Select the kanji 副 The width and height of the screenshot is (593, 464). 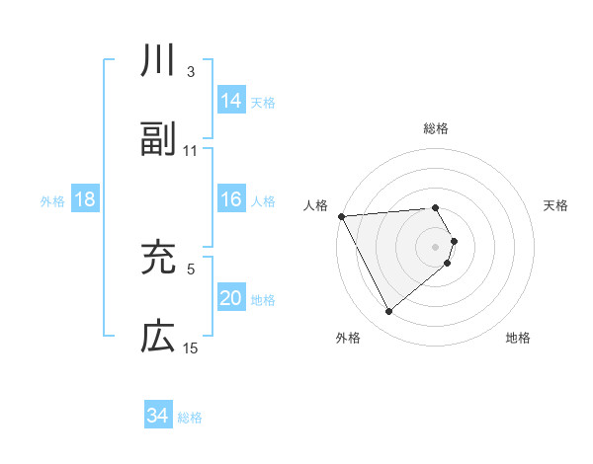pos(158,139)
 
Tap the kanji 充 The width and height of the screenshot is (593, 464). pos(158,258)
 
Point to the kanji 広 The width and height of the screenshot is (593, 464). pos(158,337)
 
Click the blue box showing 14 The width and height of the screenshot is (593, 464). pos(231,101)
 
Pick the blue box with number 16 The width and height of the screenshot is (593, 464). pos(231,200)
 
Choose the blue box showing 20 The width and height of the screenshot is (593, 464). pos(231,299)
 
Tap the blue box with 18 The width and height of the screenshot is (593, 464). pos(85,200)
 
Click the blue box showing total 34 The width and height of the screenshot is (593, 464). pos(158,416)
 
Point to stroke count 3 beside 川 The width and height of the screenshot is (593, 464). pos(191,72)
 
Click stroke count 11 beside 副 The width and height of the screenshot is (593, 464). pos(191,151)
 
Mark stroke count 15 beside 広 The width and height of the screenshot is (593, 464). pos(191,348)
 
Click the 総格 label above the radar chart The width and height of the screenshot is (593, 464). pos(436,128)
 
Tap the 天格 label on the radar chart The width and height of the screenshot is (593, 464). pos(556,205)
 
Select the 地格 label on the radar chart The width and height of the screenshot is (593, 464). pos(518,339)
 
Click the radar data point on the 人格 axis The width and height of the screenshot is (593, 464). pos(341,216)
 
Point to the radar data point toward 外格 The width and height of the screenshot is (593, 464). pos(389,312)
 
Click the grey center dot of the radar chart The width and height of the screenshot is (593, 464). pos(436,247)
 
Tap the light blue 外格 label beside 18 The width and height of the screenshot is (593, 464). pos(52,201)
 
